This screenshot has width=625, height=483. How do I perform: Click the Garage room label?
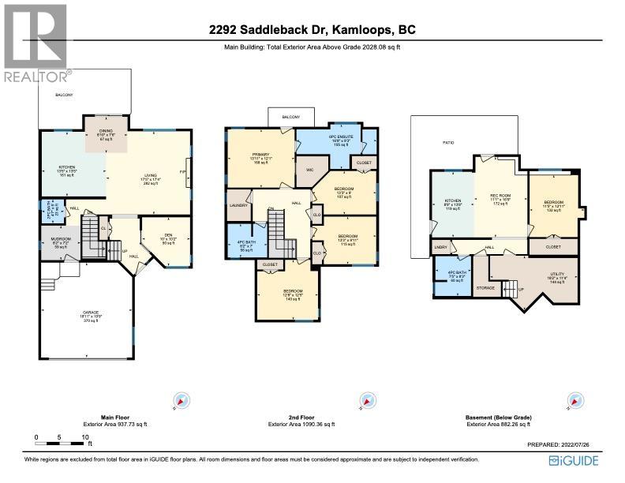pos(91,315)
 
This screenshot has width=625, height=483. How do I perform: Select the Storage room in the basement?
pos(486,288)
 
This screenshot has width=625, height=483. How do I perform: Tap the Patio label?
pos(447,143)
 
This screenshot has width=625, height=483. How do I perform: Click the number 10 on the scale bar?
pos(84,436)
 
